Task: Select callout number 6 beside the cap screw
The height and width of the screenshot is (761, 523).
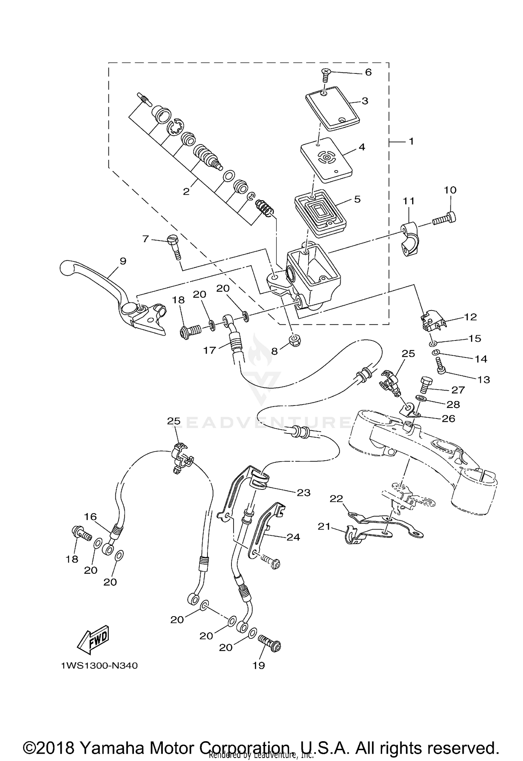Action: click(368, 72)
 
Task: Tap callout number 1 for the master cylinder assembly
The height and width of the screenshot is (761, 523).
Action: click(411, 141)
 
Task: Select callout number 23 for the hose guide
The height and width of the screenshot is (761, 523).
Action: click(304, 493)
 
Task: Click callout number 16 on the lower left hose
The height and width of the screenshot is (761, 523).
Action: click(90, 517)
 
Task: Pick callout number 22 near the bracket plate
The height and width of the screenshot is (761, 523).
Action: click(336, 499)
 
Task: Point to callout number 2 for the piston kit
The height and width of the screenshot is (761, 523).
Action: click(186, 191)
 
